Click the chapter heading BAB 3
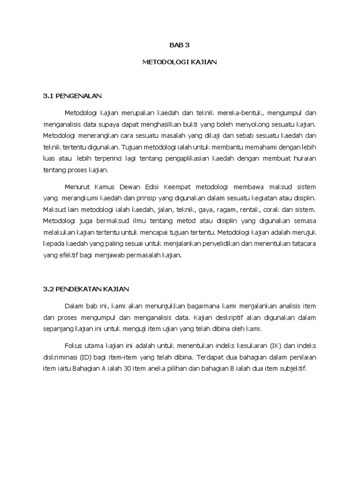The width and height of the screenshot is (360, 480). point(180,45)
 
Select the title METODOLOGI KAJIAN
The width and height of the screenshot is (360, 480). point(180,62)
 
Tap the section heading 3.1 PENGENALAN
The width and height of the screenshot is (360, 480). point(72,96)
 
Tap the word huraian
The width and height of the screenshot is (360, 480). point(304,158)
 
